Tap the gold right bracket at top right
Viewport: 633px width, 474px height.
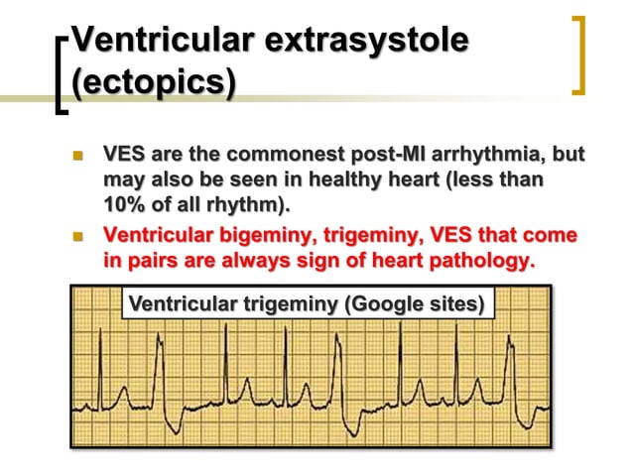pyautogui.click(x=579, y=55)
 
